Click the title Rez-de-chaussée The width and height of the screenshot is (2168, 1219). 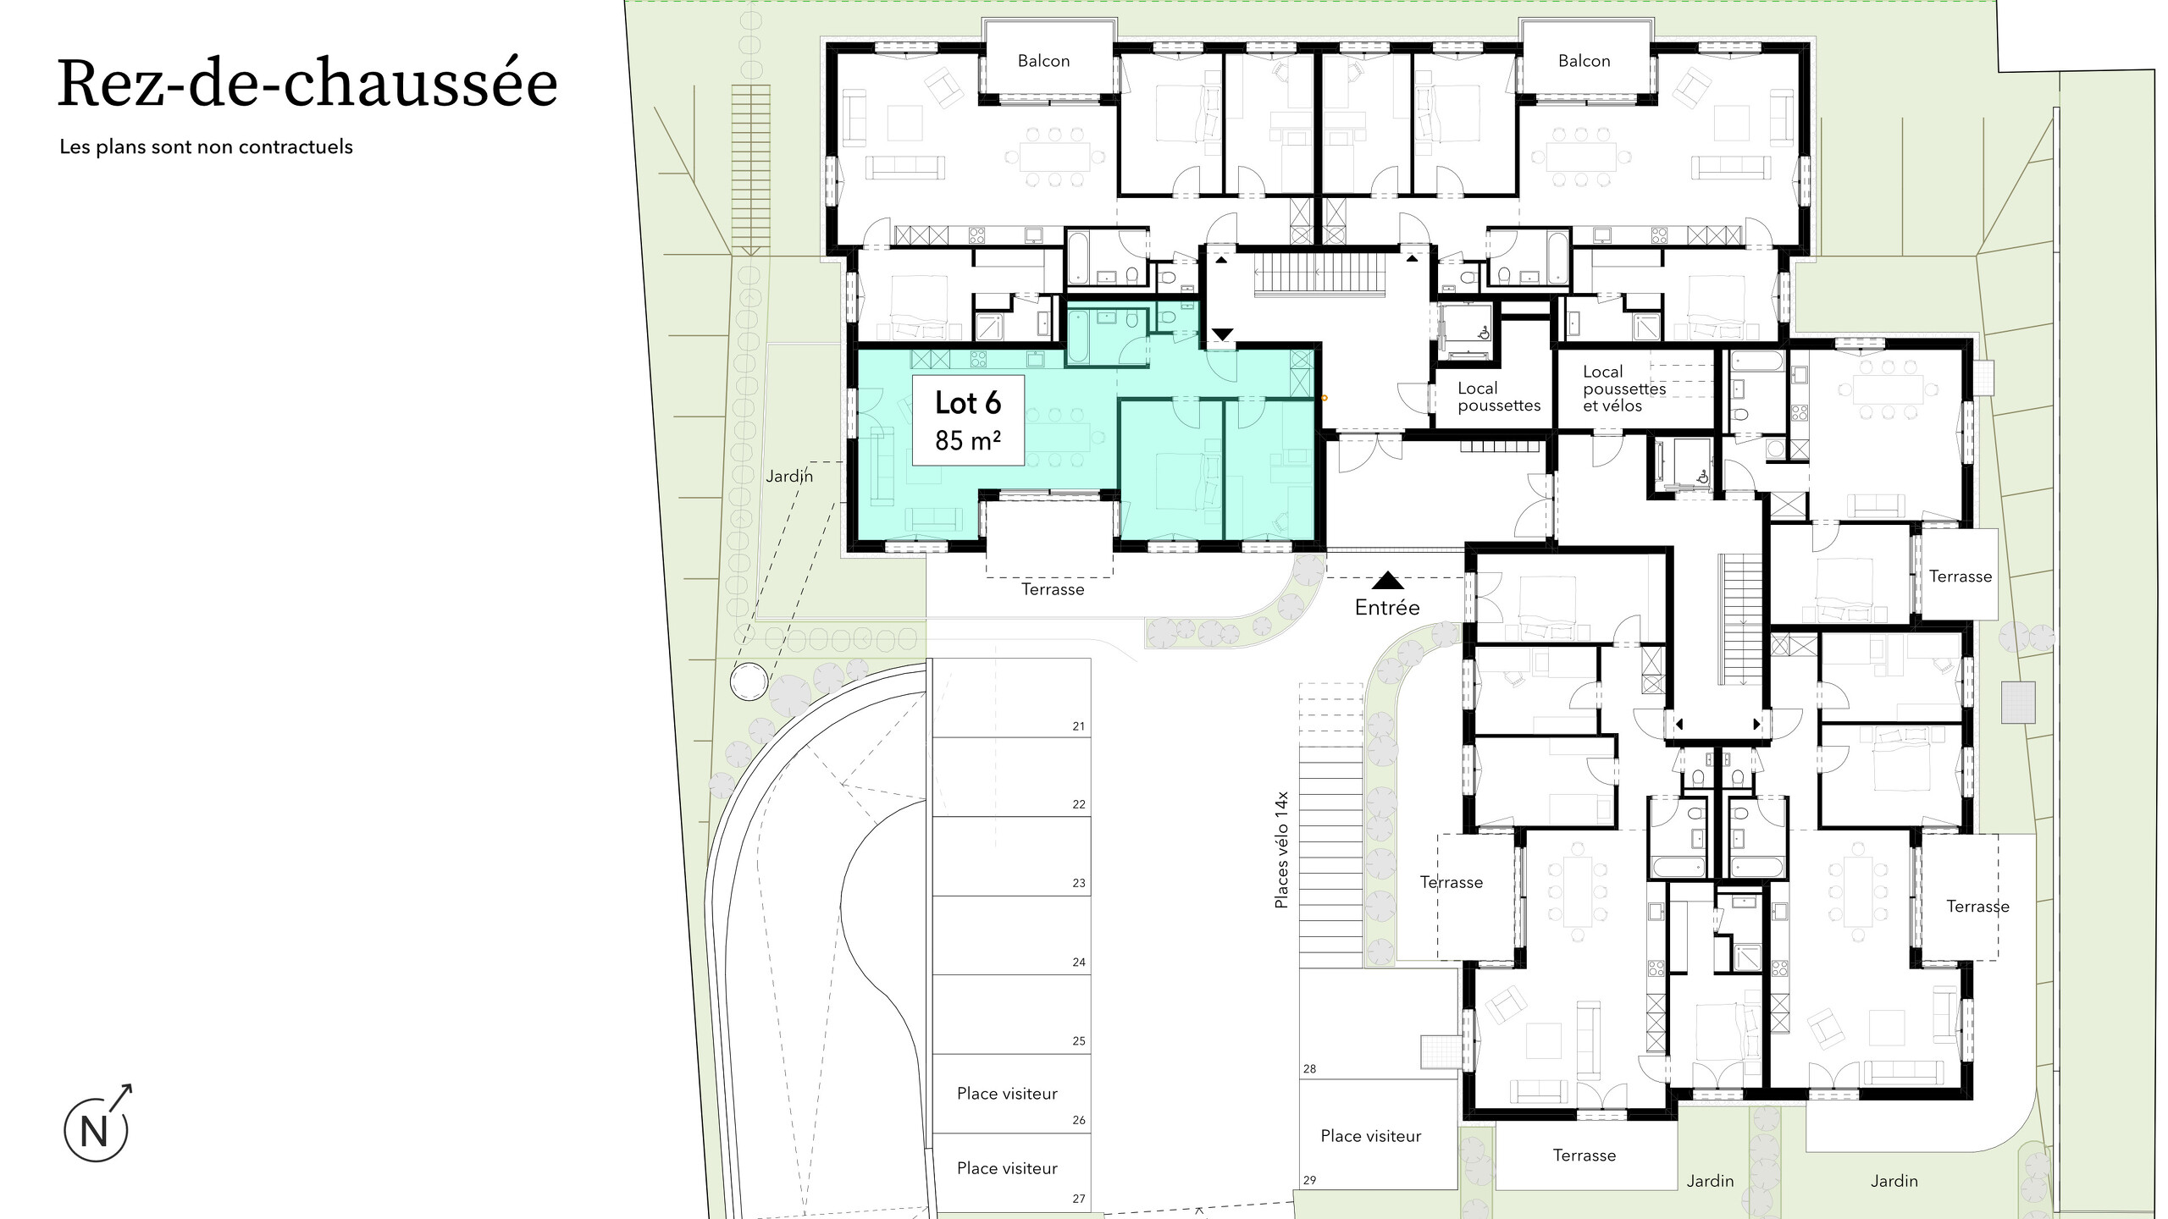coord(307,84)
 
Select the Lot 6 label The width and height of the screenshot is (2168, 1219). coord(968,403)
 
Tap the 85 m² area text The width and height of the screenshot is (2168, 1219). coord(968,440)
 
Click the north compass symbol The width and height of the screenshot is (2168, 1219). coord(97,1123)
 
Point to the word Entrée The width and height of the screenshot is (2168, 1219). coord(1387,607)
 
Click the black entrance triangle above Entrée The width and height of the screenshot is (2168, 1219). coord(1387,580)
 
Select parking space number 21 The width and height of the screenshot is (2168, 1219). coord(1078,726)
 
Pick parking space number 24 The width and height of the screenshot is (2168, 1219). coord(1078,963)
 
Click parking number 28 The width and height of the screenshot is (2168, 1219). coord(1309,1069)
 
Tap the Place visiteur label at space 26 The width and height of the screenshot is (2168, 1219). coord(1007,1094)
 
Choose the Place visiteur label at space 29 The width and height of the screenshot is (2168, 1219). coord(1370,1136)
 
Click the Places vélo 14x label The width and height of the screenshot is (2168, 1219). coord(1281,850)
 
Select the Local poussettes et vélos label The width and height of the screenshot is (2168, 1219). coord(1623,389)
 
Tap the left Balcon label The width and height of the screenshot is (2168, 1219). coord(1043,61)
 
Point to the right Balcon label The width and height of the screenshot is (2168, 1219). coord(1584,61)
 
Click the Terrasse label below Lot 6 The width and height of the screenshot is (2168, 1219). coord(1052,589)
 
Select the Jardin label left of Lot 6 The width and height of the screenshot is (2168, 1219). coord(789,477)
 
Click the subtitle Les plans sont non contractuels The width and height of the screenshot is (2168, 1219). coord(206,146)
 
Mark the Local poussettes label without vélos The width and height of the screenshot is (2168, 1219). coord(1499,397)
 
